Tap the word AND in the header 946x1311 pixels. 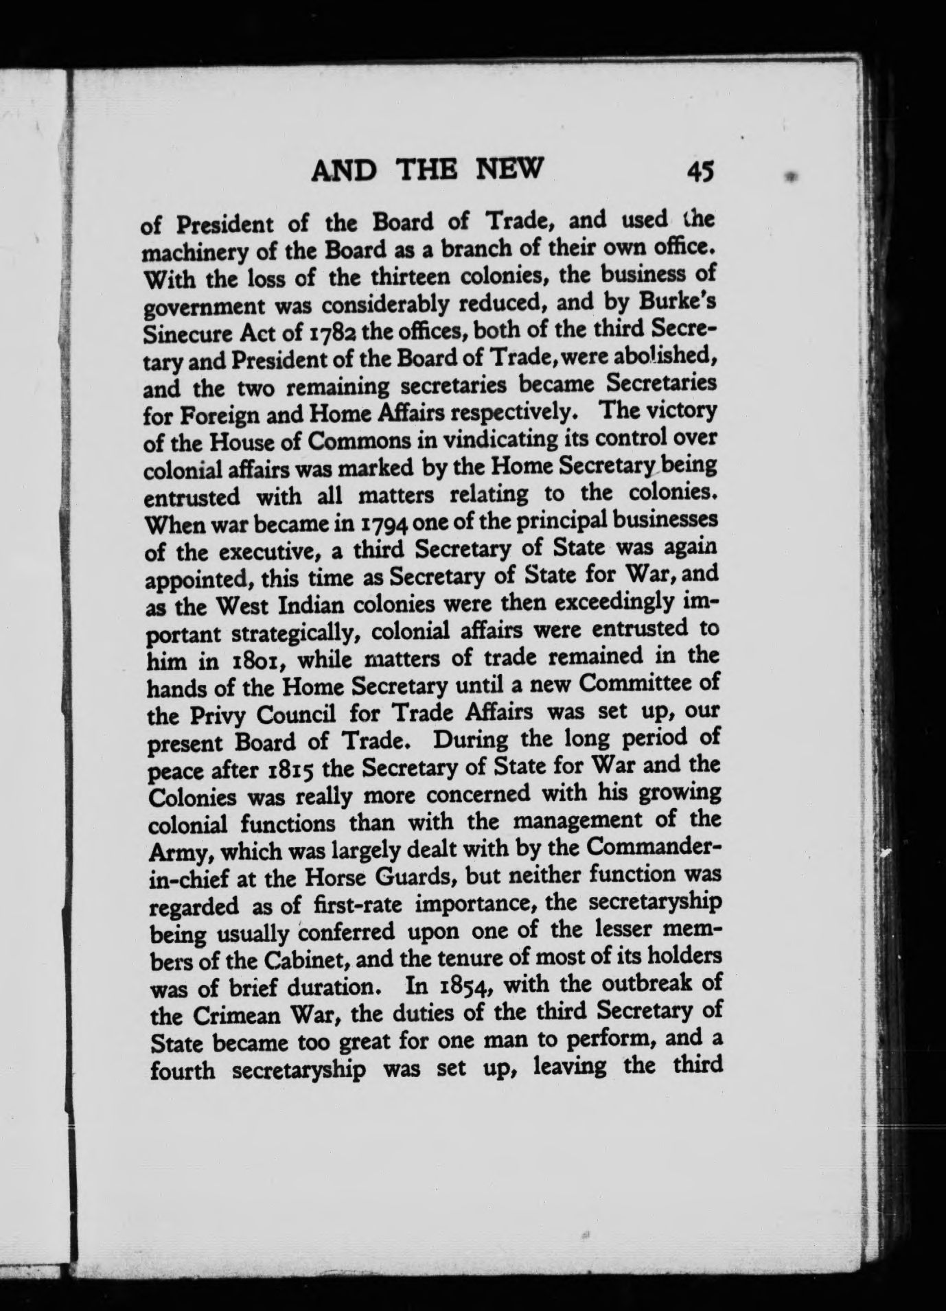click(343, 170)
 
